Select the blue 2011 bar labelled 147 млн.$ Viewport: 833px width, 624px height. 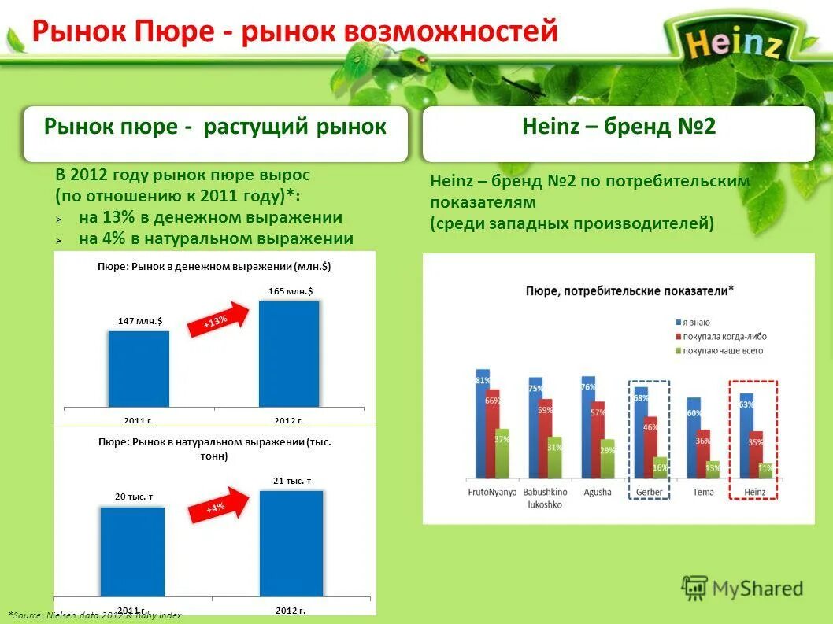click(139, 368)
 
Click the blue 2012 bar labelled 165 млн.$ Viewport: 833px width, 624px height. click(289, 353)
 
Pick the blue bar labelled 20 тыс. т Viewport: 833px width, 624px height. click(132, 551)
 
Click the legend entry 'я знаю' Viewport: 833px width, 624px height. click(695, 323)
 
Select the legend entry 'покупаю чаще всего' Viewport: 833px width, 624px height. click(721, 350)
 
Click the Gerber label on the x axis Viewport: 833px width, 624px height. click(649, 492)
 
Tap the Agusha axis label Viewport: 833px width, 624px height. click(597, 492)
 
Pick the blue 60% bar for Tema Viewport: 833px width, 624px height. click(694, 438)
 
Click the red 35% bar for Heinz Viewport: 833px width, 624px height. click(755, 454)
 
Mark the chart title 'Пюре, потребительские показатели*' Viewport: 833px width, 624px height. click(629, 290)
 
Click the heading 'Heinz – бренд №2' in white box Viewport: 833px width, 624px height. click(619, 127)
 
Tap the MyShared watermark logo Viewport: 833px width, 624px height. click(742, 588)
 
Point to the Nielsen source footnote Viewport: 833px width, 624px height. click(94, 615)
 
